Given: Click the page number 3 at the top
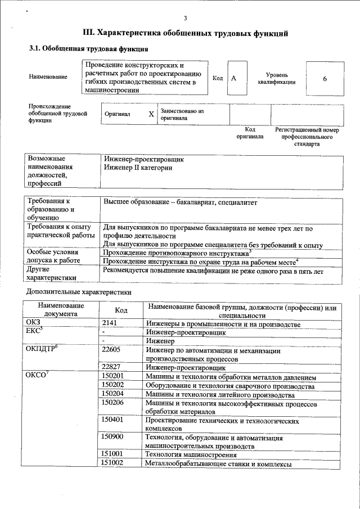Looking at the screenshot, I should (185, 19).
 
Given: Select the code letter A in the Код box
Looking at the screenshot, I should (233, 79).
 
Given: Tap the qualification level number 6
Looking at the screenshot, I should (325, 79).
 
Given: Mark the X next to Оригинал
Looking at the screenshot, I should (151, 114).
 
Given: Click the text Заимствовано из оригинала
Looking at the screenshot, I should (182, 115).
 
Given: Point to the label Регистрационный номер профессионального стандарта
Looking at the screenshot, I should (307, 137).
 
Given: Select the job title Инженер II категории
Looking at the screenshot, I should (138, 168).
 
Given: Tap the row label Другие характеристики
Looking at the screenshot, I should (51, 274).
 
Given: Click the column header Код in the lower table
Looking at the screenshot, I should (121, 310).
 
